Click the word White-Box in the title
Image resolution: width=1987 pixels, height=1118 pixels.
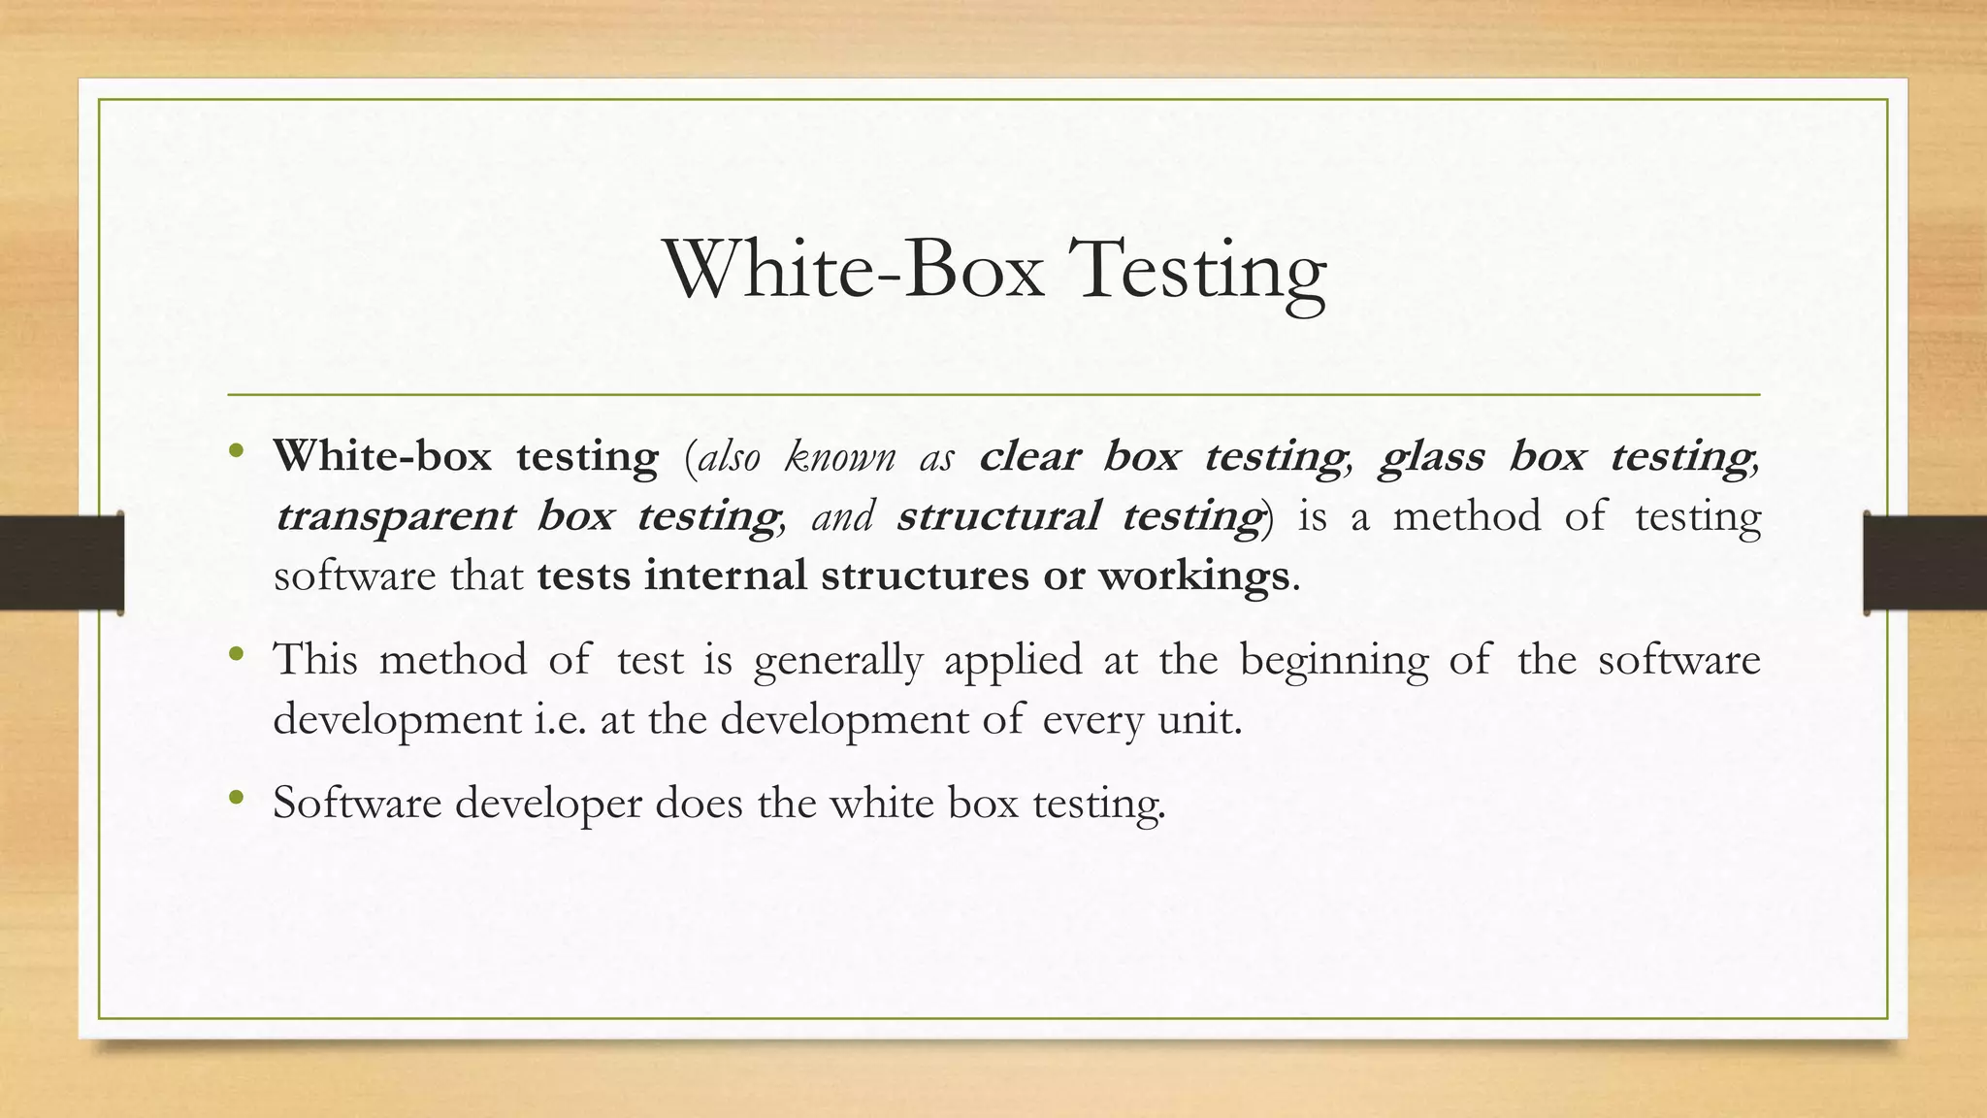(x=854, y=270)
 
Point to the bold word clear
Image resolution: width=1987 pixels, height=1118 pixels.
(x=1029, y=456)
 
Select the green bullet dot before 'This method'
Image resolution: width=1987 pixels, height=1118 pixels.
(x=236, y=655)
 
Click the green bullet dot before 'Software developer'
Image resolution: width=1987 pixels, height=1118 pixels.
(x=236, y=798)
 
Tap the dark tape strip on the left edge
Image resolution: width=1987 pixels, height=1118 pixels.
(x=61, y=563)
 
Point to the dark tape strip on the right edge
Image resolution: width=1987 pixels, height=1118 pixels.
(x=1925, y=563)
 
